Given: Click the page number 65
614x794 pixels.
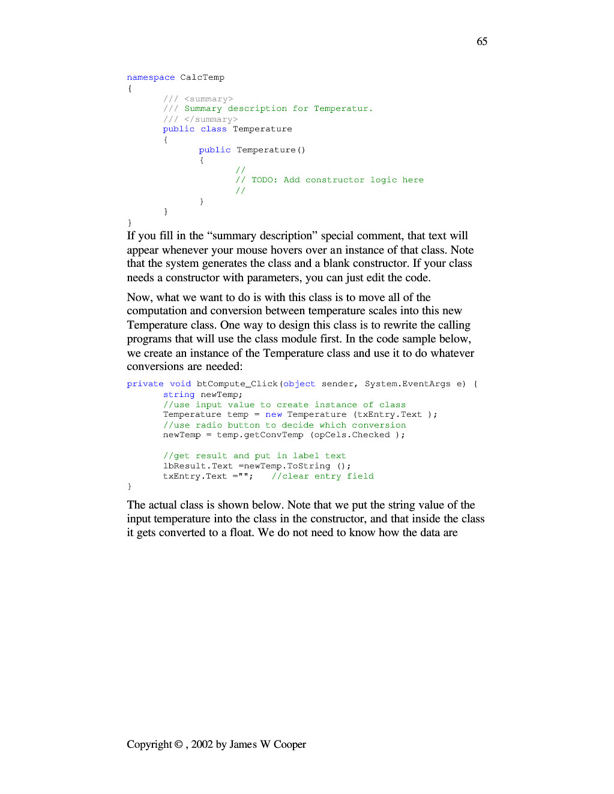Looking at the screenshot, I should (482, 41).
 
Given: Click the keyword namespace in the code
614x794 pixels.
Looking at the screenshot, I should (151, 77).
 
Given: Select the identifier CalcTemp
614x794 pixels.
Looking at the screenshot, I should (202, 77).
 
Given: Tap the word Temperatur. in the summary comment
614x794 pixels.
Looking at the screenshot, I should (343, 109).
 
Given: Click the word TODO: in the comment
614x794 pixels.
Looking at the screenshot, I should (265, 180).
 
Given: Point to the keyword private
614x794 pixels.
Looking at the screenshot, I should (145, 384).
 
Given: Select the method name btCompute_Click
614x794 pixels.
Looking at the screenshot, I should (237, 384).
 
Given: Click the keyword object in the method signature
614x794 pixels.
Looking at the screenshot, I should (299, 384).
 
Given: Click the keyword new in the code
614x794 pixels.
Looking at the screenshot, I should (274, 414).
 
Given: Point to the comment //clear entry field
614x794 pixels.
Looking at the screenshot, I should (322, 476).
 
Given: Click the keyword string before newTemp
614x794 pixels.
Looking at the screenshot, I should (179, 395).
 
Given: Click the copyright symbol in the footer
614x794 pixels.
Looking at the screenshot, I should (178, 744).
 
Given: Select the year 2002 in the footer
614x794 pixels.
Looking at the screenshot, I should (202, 744).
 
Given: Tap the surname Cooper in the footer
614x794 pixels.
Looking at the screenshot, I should (290, 744).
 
